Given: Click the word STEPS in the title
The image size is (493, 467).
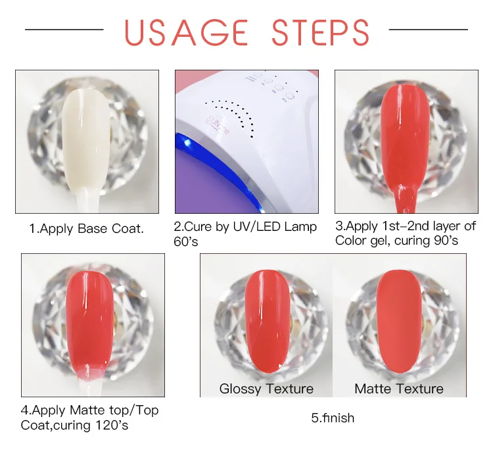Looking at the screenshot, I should click(321, 32).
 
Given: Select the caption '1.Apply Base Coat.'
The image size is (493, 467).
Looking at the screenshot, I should click(86, 230).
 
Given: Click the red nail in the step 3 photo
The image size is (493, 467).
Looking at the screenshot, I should click(403, 138).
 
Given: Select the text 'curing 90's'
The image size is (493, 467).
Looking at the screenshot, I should click(426, 241).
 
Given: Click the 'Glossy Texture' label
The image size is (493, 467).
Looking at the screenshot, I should click(266, 389).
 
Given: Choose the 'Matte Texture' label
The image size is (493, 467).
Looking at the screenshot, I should click(399, 389).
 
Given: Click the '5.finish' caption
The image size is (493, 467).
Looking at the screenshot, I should click(333, 418).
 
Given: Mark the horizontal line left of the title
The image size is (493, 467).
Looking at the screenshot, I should click(64, 30).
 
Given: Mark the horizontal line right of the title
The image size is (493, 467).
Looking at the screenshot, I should click(428, 30).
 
